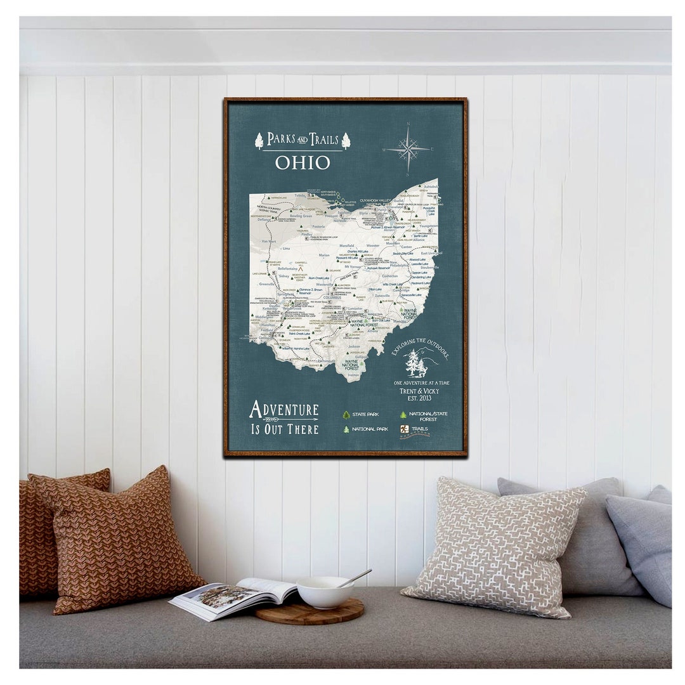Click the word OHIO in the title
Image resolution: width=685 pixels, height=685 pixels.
pos(303,162)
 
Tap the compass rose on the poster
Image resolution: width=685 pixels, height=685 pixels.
pos(408,150)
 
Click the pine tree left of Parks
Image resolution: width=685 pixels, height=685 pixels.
pos(259,141)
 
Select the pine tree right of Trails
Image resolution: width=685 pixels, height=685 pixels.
pos(346,141)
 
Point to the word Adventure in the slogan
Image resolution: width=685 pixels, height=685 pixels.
pos(284,409)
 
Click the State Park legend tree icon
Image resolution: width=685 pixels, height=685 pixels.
pos(346,414)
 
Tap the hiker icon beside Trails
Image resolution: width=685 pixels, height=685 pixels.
pos(403,429)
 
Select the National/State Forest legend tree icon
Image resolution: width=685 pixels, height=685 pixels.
pos(403,414)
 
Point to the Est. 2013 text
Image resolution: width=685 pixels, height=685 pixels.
pos(418,399)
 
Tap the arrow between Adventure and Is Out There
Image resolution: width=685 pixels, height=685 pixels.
pos(282,420)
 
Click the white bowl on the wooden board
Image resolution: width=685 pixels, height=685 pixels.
pos(325,593)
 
